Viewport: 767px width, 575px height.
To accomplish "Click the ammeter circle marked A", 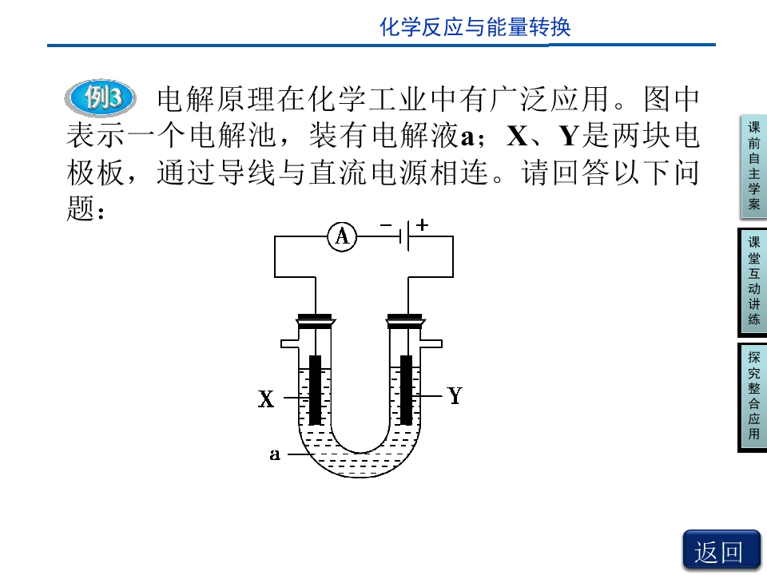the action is (x=342, y=236).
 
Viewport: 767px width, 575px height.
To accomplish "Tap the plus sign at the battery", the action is (x=422, y=225).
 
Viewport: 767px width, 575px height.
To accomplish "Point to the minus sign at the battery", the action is (x=386, y=225).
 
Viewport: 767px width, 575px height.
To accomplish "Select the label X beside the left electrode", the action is (x=266, y=399).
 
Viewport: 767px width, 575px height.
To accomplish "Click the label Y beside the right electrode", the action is (x=455, y=395).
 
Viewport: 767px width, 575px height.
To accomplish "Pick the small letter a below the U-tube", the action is (x=275, y=454).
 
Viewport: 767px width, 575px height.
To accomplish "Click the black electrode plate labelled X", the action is (x=316, y=391).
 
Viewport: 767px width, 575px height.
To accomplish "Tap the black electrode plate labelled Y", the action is (x=406, y=391).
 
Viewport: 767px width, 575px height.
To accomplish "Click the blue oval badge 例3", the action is (x=101, y=97).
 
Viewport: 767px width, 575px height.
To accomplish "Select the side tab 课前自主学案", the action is (x=753, y=167).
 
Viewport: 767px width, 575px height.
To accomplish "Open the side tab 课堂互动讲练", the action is (x=753, y=282).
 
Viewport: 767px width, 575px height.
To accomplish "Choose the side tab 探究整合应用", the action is (x=753, y=397).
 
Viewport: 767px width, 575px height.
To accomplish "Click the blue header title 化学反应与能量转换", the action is (x=475, y=27).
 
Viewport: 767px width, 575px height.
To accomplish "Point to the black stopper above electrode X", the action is (x=316, y=320).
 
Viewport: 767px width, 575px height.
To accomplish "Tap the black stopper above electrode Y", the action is (x=405, y=320).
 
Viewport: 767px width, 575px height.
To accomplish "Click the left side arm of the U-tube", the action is (x=289, y=343).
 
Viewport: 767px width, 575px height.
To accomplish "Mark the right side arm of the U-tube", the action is (x=431, y=343).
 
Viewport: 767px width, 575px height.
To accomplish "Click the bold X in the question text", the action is (x=517, y=136).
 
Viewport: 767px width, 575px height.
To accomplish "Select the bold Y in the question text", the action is (x=570, y=136).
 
